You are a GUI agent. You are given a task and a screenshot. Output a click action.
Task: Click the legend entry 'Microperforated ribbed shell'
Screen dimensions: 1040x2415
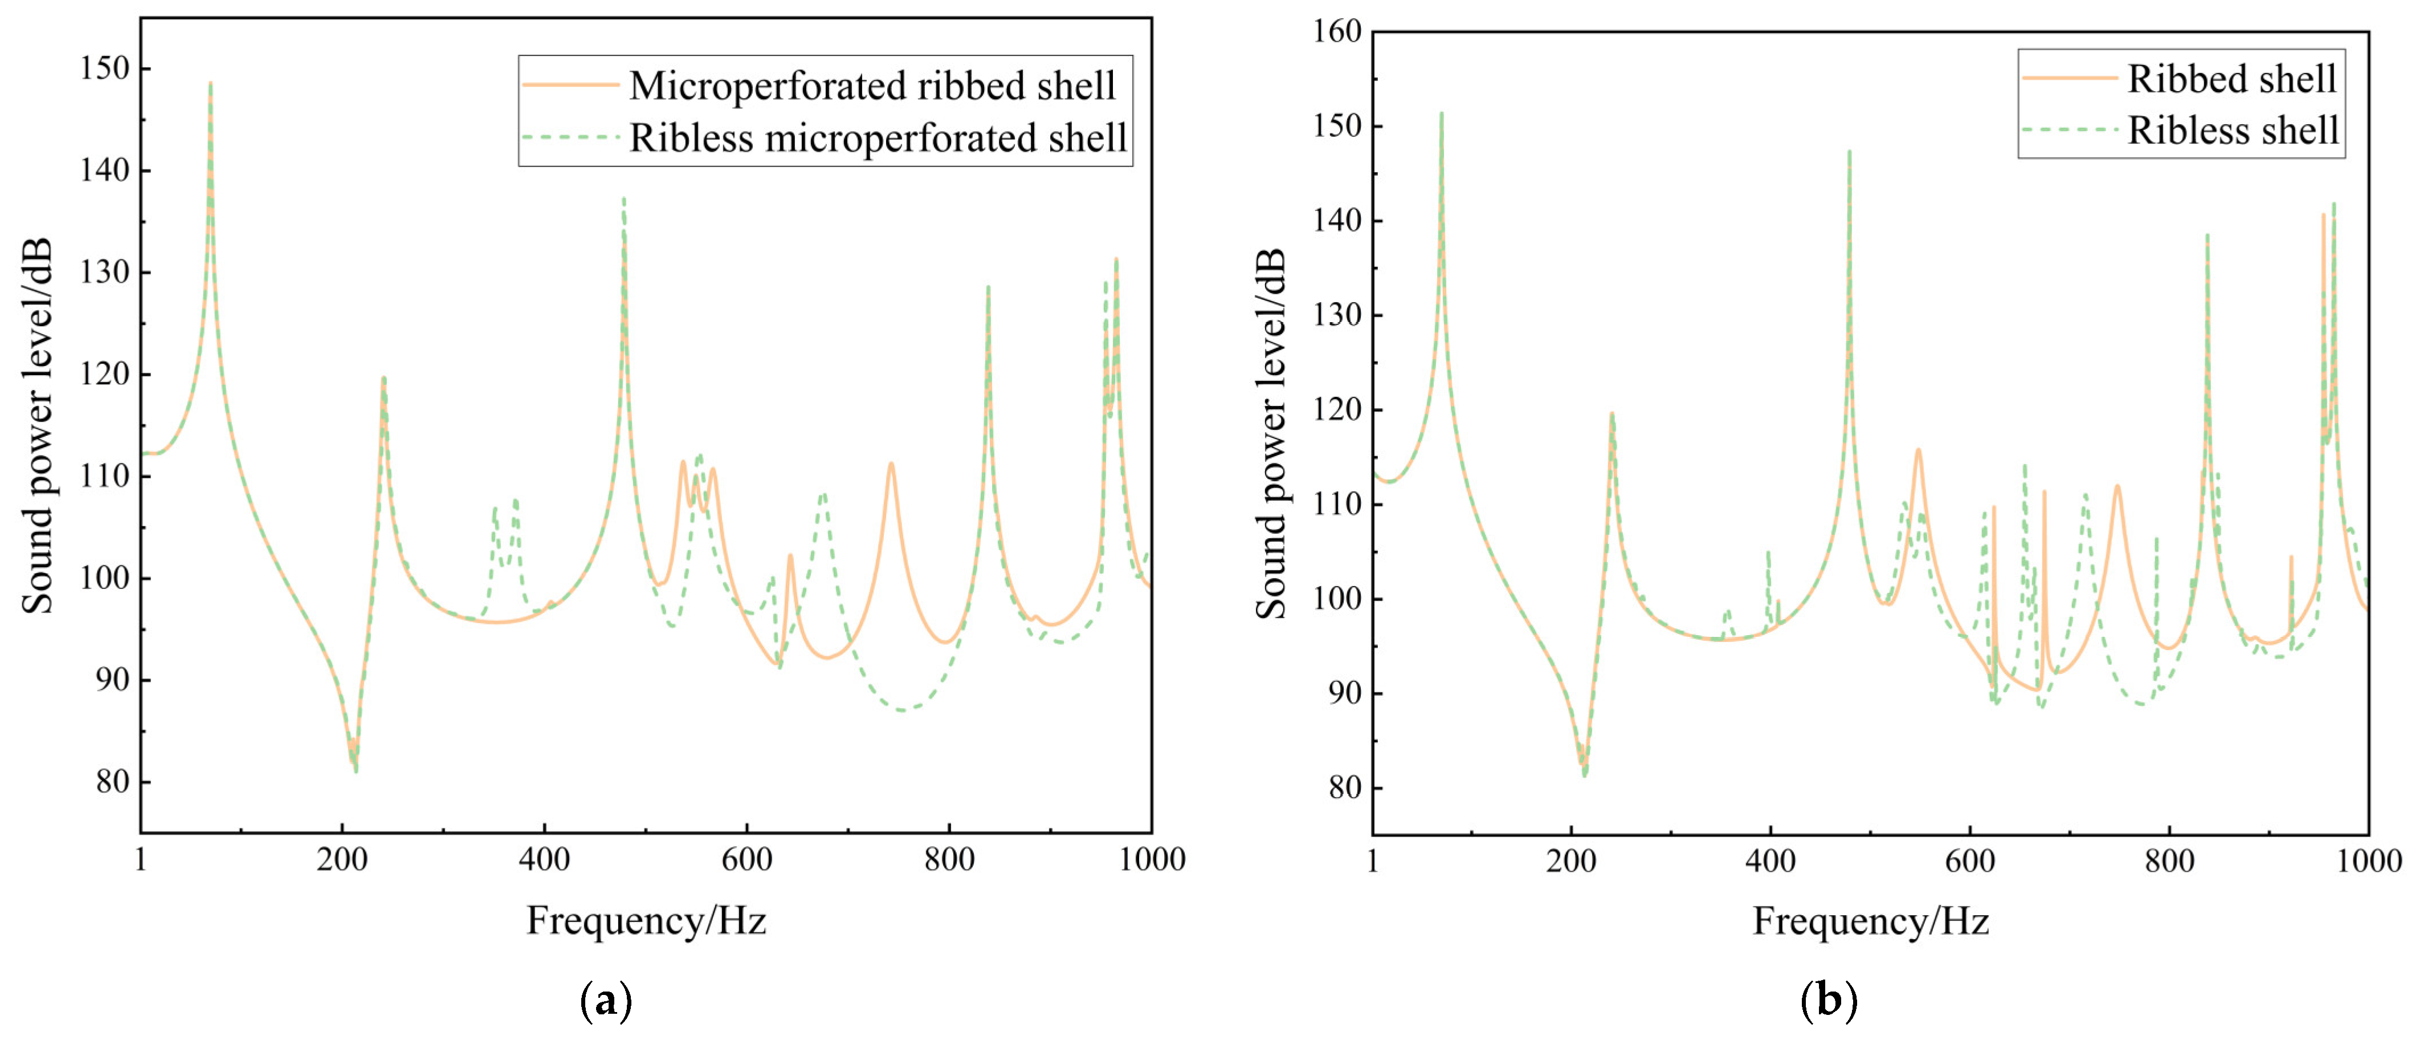pyautogui.click(x=872, y=86)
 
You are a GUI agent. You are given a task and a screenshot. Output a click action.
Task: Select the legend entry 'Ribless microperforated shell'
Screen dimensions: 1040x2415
pyautogui.click(x=878, y=138)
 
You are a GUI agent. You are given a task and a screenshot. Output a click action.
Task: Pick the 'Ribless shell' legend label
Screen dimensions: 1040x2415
pyautogui.click(x=2233, y=131)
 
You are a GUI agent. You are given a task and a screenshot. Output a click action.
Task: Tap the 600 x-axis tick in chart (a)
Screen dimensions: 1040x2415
pyautogui.click(x=746, y=859)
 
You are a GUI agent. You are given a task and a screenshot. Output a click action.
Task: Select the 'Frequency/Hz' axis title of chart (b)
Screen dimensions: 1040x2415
pyautogui.click(x=1870, y=921)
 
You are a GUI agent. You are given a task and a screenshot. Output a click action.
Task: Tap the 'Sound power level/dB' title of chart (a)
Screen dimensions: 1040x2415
pyautogui.click(x=38, y=426)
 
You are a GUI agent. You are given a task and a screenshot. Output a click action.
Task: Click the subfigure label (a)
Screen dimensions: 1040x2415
pyautogui.click(x=606, y=1001)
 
